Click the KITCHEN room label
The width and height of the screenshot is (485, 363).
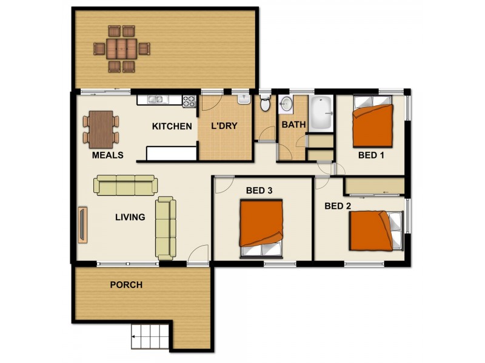172,126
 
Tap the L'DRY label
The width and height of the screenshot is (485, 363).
224,126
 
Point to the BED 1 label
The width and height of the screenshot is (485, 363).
371,155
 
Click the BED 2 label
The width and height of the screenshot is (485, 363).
338,206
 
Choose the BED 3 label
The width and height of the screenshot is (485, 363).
259,191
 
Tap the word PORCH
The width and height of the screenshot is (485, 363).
126,284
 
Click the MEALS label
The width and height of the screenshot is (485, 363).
107,155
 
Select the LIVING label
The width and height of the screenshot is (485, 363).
130,217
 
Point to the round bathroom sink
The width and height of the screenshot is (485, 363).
286,104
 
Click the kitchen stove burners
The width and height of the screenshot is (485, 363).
189,101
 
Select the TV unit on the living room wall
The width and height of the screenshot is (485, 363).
82,225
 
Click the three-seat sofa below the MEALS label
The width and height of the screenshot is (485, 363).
125,185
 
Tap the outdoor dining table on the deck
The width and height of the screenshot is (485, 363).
121,48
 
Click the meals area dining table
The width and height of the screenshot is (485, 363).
101,128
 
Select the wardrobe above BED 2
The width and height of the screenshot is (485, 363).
375,186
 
